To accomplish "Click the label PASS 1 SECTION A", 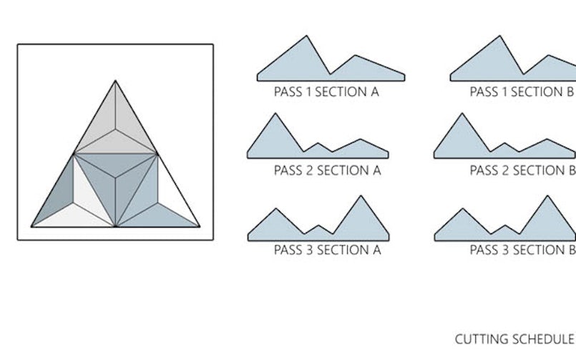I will point(326,92).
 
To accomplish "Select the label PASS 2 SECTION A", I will point(326,171).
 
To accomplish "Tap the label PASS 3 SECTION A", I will point(326,250).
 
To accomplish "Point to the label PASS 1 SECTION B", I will point(522,92).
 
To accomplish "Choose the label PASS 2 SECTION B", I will point(522,171).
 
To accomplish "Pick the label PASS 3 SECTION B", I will point(522,250).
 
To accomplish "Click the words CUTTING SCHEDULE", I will point(514,339).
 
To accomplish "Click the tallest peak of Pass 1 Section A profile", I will point(308,37).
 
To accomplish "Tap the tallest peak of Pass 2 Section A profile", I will point(274,114).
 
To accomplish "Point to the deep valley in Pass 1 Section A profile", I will point(330,74).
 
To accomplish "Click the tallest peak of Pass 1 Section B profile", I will point(501,37).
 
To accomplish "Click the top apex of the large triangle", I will point(115,81).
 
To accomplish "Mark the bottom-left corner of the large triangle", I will point(31,227).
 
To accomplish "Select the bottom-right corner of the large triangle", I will point(200,227).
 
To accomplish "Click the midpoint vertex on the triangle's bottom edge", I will point(115,227).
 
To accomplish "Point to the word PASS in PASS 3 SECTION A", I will point(288,250).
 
